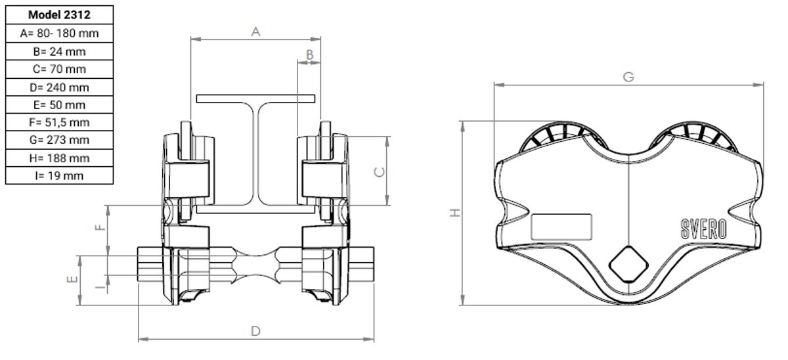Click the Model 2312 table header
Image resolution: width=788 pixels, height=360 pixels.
[60, 14]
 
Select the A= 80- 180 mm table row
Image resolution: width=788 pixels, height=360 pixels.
[60, 34]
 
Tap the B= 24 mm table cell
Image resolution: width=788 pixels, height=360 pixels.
[60, 52]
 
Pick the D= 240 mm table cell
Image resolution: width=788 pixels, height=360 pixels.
[60, 87]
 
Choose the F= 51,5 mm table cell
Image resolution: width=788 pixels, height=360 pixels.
[60, 122]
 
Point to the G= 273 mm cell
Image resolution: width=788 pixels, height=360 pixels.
[60, 140]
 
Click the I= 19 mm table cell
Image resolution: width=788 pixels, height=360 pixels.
[60, 175]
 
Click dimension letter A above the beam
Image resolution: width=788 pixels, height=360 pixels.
[255, 32]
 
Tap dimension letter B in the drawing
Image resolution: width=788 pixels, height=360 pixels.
[309, 55]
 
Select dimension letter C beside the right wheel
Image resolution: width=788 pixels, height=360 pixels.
[380, 172]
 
